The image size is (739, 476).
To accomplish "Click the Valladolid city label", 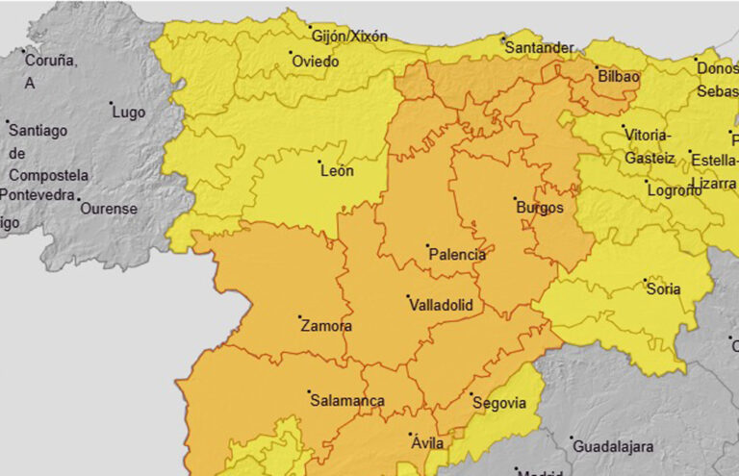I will (442, 305).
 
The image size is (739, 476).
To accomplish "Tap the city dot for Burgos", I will (515, 199).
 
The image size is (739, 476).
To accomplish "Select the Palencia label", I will (457, 256).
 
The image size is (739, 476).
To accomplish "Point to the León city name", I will (337, 171).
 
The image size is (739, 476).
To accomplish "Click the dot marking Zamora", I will (300, 317).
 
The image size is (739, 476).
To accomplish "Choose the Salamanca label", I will (347, 401).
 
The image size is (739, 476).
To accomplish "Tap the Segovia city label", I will (499, 403).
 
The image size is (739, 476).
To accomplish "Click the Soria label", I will (664, 288).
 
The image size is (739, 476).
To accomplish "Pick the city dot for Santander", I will (502, 38).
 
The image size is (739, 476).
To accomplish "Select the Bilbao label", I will (618, 75).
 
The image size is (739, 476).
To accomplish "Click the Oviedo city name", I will (315, 62).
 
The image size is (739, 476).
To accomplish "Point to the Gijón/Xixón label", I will (350, 37).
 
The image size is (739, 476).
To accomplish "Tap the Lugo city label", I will (129, 113).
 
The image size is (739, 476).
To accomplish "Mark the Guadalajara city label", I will (613, 446).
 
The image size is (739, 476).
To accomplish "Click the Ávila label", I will (427, 443).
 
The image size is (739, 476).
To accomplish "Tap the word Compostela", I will (49, 175).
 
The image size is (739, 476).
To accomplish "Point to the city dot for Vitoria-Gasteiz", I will (623, 126).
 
